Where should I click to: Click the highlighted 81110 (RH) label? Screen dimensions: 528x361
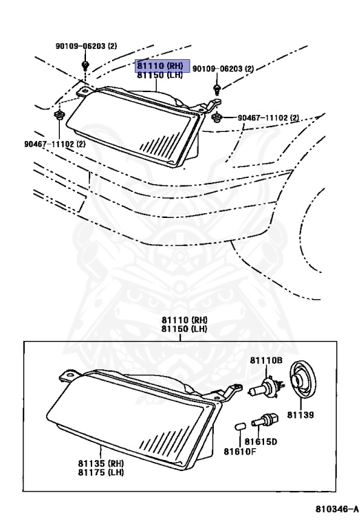pyautogui.click(x=160, y=65)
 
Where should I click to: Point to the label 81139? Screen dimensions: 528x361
pyautogui.click(x=300, y=415)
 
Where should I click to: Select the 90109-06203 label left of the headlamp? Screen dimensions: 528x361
pyautogui.click(x=86, y=46)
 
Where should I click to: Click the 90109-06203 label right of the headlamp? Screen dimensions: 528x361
pyautogui.click(x=223, y=69)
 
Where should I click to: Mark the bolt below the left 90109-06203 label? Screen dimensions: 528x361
pyautogui.click(x=85, y=65)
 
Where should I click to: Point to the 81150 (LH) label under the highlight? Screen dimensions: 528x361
pyautogui.click(x=160, y=74)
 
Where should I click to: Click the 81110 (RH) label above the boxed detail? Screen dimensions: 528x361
pyautogui.click(x=185, y=320)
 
